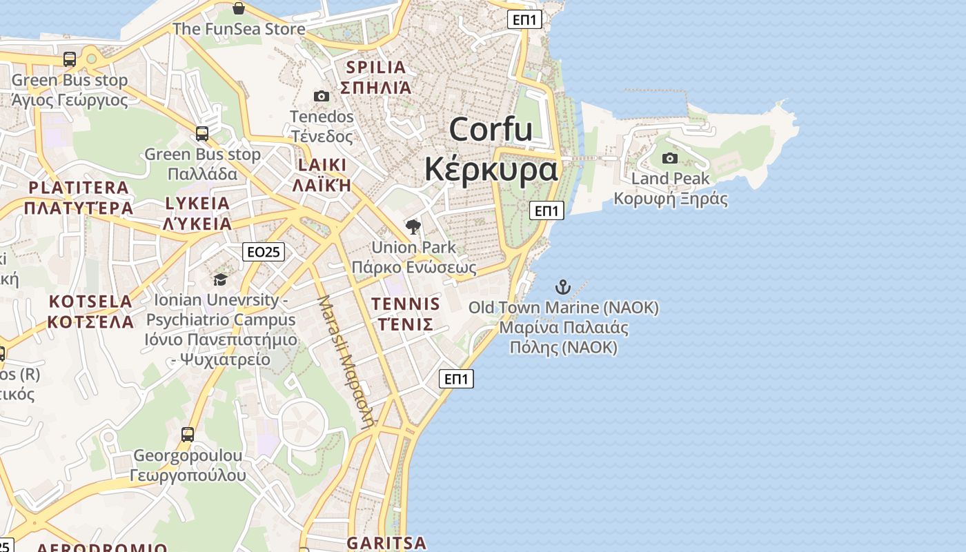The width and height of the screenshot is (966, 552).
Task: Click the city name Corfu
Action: pyautogui.click(x=491, y=129)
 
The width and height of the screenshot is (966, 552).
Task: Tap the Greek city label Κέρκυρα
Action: pyautogui.click(x=491, y=169)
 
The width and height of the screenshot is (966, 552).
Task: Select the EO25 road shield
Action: pyautogui.click(x=264, y=252)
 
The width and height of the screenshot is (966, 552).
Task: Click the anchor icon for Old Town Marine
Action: pyautogui.click(x=564, y=286)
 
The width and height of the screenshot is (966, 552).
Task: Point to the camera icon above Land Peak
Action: pyautogui.click(x=669, y=159)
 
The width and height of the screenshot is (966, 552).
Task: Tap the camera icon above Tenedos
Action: pyautogui.click(x=322, y=96)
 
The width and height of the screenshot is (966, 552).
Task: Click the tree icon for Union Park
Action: pyautogui.click(x=413, y=227)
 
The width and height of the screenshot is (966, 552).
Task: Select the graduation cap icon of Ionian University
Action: pyautogui.click(x=220, y=279)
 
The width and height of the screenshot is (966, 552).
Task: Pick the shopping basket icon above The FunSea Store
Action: pyautogui.click(x=238, y=8)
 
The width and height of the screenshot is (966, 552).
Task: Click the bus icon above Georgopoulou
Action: pyautogui.click(x=188, y=435)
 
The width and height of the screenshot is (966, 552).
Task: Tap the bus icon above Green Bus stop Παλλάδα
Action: pyautogui.click(x=202, y=134)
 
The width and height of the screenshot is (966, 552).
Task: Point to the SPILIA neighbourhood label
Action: pyautogui.click(x=377, y=68)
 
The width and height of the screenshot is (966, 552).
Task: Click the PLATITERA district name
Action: pyautogui.click(x=79, y=188)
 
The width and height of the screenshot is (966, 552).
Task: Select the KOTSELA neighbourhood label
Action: pyautogui.click(x=90, y=302)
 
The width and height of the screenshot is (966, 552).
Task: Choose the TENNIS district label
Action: pyautogui.click(x=406, y=304)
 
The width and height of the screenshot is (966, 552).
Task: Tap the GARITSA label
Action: pyautogui.click(x=386, y=542)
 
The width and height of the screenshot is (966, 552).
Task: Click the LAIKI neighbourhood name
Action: pyautogui.click(x=322, y=165)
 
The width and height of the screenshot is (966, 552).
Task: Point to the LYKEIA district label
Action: pyautogui.click(x=197, y=204)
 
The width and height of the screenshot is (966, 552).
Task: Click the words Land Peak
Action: pyautogui.click(x=670, y=179)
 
